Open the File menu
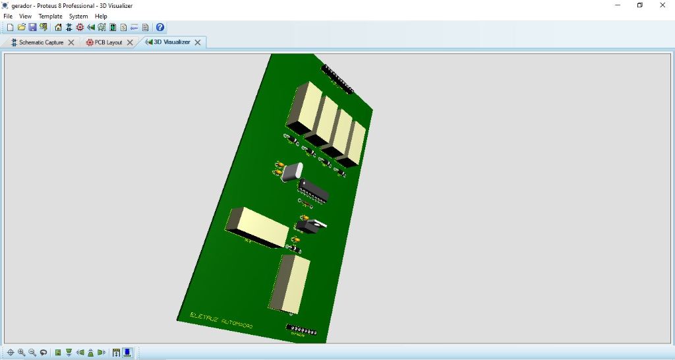[8, 16]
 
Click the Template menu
[50, 16]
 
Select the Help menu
[101, 16]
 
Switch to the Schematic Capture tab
[41, 42]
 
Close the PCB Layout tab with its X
[130, 42]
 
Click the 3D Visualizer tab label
[171, 42]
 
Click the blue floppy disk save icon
[32, 28]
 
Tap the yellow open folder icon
[21, 28]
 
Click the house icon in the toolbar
[58, 28]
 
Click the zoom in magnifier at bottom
[21, 353]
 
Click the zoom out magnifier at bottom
[32, 353]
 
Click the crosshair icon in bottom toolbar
[10, 353]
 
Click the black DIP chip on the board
[314, 190]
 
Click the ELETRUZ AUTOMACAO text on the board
[221, 320]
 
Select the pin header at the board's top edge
[337, 78]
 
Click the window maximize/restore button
[639, 5]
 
